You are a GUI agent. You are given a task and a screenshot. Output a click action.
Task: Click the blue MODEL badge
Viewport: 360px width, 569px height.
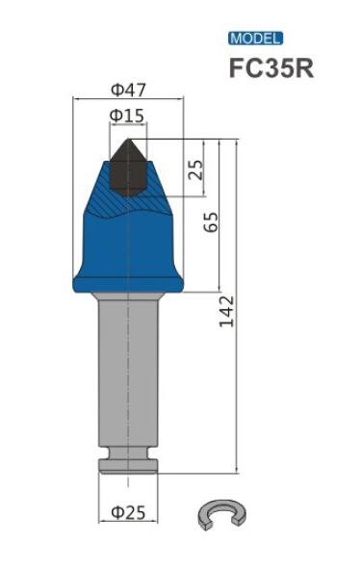click(255, 39)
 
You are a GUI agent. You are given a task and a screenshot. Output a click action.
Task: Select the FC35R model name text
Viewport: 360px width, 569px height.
click(270, 69)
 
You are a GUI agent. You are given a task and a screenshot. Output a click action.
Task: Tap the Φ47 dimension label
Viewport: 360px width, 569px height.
click(128, 91)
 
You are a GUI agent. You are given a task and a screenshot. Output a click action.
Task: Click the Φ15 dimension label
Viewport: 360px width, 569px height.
click(127, 116)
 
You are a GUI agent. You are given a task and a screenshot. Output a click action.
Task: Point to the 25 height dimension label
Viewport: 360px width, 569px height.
click(195, 170)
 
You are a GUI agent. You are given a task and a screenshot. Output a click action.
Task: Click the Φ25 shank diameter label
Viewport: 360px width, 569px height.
click(128, 512)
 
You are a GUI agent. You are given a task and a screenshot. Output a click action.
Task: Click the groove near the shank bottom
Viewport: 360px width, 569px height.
click(127, 455)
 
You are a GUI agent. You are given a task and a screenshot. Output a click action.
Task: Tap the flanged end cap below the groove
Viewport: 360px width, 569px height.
click(127, 468)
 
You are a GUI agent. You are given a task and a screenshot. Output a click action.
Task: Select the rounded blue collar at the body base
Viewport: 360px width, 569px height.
click(127, 281)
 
